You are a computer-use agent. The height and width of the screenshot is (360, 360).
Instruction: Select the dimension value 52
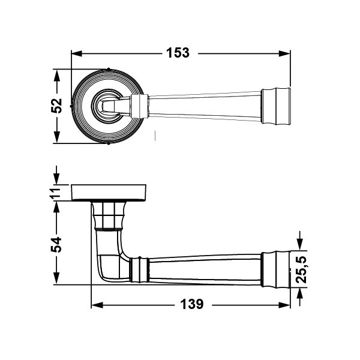pyautogui.click(x=56, y=106)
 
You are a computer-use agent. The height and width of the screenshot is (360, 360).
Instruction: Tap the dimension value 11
pyautogui.click(x=56, y=193)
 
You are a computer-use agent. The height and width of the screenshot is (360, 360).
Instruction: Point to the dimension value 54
pyautogui.click(x=56, y=244)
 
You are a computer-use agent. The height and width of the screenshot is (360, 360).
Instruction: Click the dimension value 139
pyautogui.click(x=191, y=304)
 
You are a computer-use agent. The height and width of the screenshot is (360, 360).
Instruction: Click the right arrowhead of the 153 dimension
pyautogui.click(x=287, y=53)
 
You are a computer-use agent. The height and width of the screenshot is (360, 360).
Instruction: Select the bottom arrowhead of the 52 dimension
pyautogui.click(x=56, y=139)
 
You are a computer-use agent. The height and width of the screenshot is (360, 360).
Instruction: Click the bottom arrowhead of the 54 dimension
pyautogui.click(x=56, y=281)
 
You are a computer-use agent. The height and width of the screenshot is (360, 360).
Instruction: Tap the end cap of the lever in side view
pyautogui.click(x=277, y=266)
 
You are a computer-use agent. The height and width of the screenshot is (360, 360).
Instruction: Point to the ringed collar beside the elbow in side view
pyautogui.click(x=139, y=269)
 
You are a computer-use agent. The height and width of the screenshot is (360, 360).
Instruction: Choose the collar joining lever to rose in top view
pyautogui.click(x=139, y=106)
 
